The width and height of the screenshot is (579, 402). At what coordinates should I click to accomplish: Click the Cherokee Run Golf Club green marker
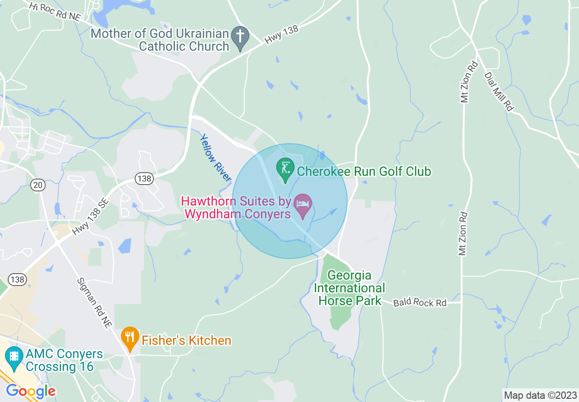285,169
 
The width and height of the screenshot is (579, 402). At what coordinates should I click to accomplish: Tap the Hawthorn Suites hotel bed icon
303,204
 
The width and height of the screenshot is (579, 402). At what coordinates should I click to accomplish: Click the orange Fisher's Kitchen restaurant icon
130,338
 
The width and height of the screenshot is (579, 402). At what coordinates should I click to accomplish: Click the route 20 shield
37,185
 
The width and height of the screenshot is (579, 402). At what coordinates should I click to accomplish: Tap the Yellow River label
215,158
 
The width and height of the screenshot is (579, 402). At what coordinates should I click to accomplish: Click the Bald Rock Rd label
420,302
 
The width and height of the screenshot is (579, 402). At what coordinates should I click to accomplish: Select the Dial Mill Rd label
499,91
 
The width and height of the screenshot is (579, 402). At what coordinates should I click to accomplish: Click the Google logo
31,391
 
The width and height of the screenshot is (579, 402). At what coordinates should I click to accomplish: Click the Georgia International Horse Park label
350,288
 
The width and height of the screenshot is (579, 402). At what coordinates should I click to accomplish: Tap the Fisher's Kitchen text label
186,340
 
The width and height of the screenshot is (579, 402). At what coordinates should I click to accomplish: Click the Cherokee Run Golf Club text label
364,171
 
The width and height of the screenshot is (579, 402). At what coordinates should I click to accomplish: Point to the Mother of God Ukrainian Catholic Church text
159,40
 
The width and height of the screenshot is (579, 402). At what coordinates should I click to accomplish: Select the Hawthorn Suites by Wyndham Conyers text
237,207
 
